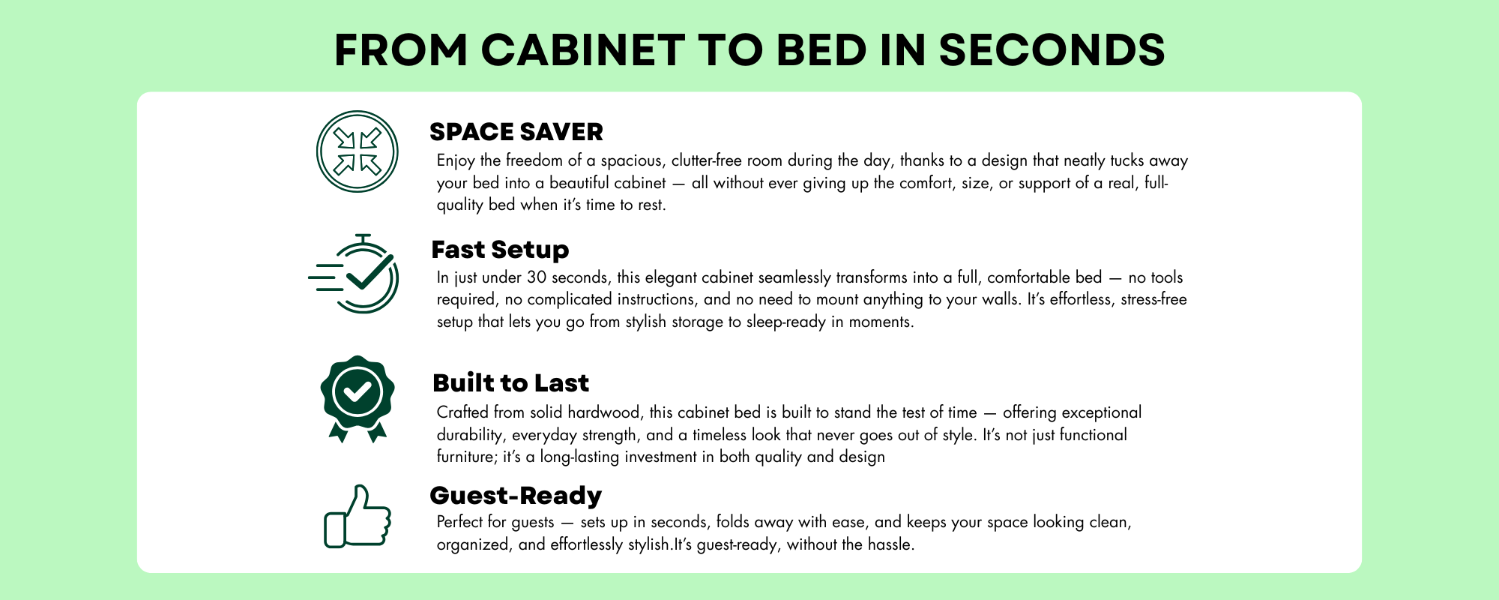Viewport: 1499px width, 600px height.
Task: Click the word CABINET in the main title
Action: tap(583, 50)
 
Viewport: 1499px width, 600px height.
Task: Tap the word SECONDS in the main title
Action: tap(1052, 50)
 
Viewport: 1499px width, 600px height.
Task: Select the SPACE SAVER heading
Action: tap(516, 132)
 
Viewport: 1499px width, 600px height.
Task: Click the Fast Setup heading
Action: tap(500, 249)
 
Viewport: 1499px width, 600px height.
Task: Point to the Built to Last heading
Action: tap(510, 382)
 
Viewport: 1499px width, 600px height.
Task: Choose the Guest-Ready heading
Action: tap(516, 495)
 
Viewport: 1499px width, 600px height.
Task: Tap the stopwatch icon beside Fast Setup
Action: tap(354, 274)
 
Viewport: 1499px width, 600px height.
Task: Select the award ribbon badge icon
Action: tap(358, 399)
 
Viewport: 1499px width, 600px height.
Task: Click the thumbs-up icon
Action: tap(358, 517)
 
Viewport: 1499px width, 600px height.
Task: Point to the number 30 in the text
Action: tap(537, 277)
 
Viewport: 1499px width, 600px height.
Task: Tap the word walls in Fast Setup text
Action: tap(1000, 299)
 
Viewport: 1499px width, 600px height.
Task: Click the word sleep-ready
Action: tap(786, 322)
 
